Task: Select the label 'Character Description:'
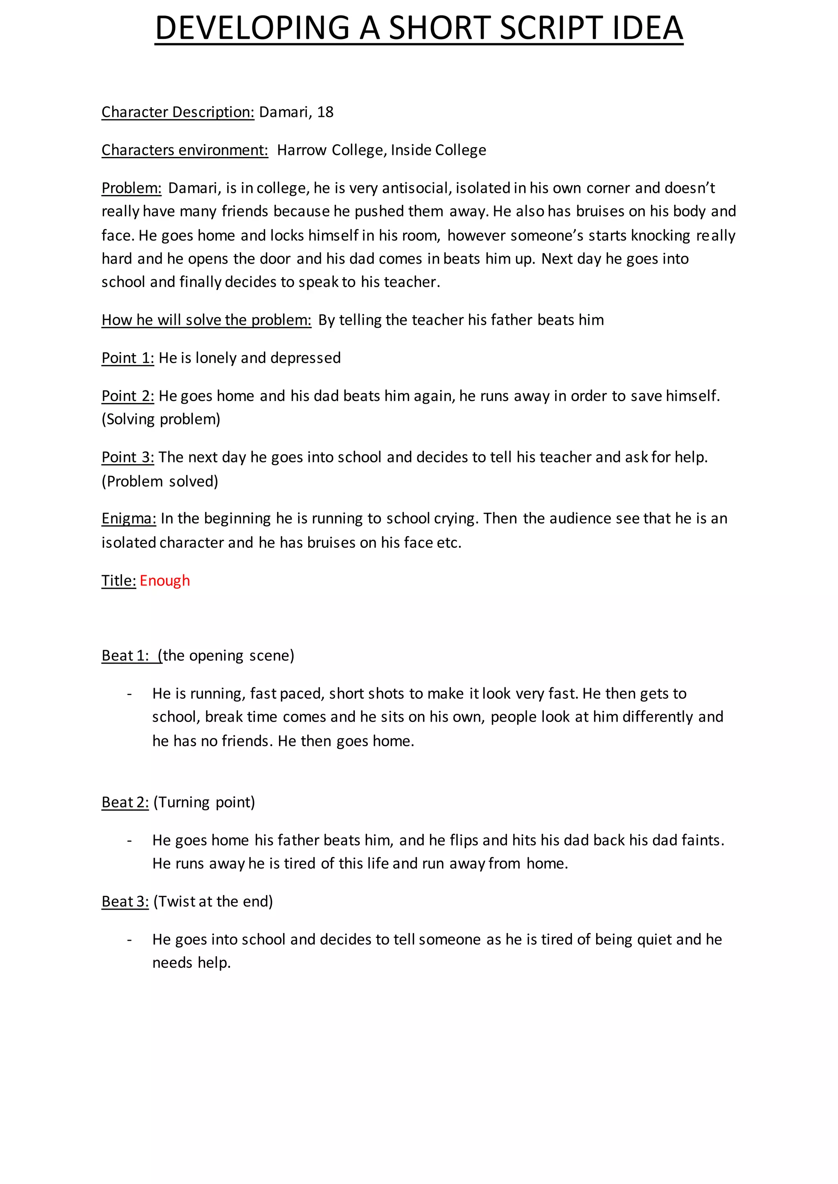[178, 112]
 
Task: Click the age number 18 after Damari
[325, 112]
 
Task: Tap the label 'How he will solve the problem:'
[206, 320]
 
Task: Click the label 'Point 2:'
[127, 396]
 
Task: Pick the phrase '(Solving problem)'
[161, 419]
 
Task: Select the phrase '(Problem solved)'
[160, 481]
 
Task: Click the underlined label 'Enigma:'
[128, 518]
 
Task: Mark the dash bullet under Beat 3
[130, 940]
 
